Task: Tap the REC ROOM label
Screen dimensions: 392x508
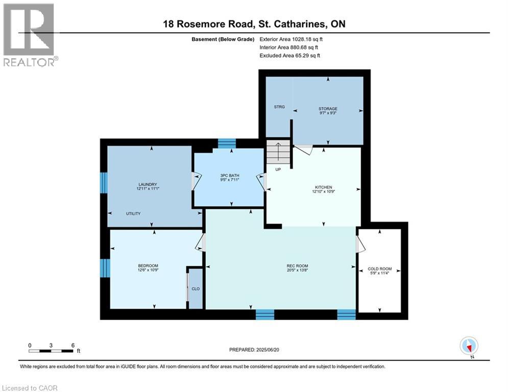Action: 297,266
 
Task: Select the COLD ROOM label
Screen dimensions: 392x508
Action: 379,268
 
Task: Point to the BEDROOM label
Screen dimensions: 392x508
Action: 148,265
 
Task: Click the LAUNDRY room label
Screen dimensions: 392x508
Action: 147,184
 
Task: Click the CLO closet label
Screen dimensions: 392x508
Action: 195,289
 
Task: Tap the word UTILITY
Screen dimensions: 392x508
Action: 133,213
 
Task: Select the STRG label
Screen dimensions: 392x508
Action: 279,108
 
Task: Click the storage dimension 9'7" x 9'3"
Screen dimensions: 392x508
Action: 328,113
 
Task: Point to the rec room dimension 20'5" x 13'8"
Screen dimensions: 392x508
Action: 297,271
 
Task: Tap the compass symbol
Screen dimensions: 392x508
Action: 468,346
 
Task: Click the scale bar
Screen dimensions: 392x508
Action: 51,351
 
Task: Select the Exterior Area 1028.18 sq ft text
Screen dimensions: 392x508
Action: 291,39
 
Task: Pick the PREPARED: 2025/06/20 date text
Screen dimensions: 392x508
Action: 255,350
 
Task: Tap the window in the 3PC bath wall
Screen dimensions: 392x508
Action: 226,143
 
